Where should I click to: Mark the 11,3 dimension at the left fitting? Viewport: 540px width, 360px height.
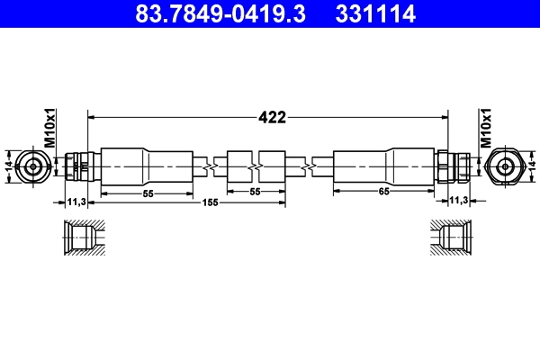pos(76,202)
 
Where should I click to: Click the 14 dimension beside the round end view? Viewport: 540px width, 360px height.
pos(9,166)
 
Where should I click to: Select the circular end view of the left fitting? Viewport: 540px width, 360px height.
pos(34,166)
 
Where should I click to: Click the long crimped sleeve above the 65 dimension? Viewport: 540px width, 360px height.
pos(384,166)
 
